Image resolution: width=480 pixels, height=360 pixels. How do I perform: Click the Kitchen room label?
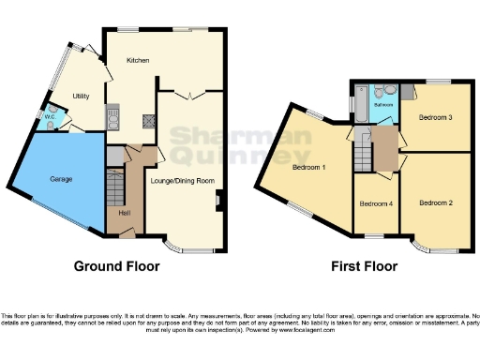[x=140, y=61]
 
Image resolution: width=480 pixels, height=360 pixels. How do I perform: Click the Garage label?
[x=61, y=178]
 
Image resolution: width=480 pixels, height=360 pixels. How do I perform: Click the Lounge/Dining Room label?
[x=183, y=180]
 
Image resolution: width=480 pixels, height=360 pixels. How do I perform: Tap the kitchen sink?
[x=112, y=118]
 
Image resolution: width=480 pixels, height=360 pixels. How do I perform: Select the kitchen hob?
[x=147, y=119]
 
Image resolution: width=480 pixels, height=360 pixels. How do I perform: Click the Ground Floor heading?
[x=117, y=265]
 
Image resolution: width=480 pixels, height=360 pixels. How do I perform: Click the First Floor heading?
[x=364, y=265]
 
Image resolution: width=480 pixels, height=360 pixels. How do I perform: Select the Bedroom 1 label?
[x=308, y=168]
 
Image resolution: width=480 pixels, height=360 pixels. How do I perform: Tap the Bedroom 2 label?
[x=436, y=202]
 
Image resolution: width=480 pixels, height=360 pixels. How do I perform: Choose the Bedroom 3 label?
[x=436, y=118]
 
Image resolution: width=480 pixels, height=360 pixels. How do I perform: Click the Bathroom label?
[x=383, y=105]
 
